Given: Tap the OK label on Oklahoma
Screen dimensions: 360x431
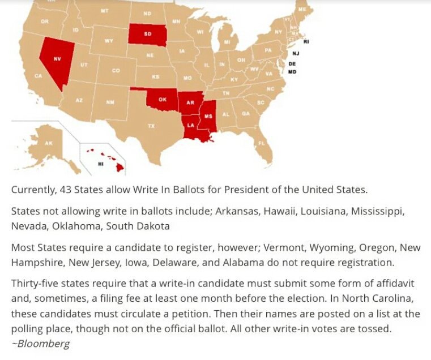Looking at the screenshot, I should [163, 99].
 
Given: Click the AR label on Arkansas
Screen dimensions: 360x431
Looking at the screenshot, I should [191, 102].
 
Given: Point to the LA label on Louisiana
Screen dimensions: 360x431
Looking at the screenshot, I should [191, 125].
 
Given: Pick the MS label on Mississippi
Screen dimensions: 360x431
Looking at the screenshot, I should [208, 115].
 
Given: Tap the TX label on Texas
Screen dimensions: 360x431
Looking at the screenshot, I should [151, 126].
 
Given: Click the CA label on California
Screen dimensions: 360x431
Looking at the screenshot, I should [39, 76].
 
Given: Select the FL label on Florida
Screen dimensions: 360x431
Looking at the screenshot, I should [262, 143].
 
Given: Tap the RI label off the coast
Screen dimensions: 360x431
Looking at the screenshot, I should [306, 42].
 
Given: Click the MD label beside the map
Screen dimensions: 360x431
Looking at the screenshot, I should [292, 72].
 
